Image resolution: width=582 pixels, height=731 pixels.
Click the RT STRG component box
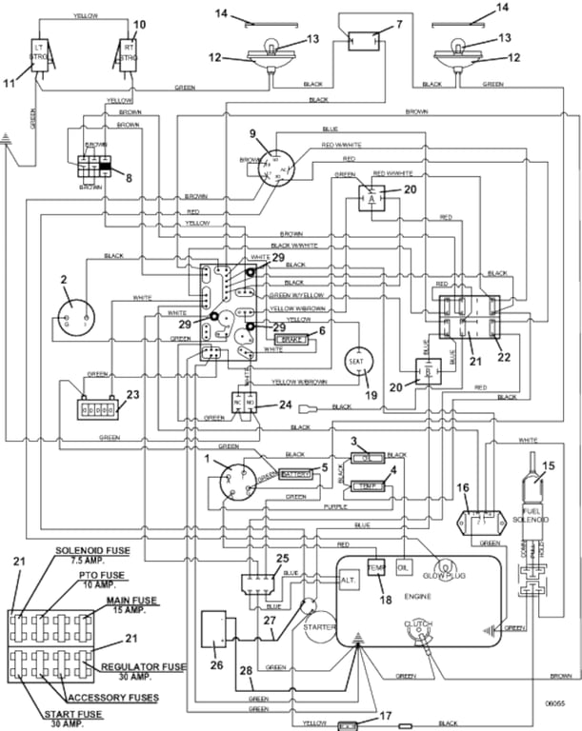pyautogui.click(x=128, y=54)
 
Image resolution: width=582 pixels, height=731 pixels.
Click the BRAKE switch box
pyautogui.click(x=289, y=338)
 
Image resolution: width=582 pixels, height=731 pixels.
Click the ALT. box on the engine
pyautogui.click(x=349, y=580)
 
